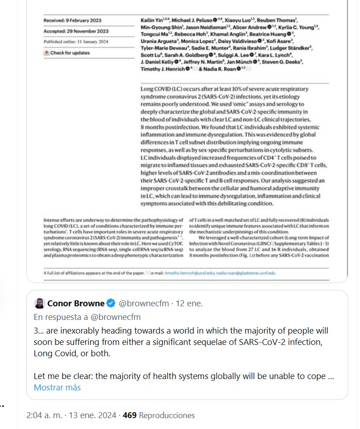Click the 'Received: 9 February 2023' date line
click(x=72, y=20)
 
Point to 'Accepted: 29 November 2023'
click(x=75, y=31)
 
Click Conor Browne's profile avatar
click(x=40, y=303)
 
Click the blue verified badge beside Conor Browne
click(x=111, y=303)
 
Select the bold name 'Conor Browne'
click(x=76, y=303)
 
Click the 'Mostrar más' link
click(x=57, y=388)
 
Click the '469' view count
click(x=130, y=415)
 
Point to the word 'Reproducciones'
click(x=166, y=415)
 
